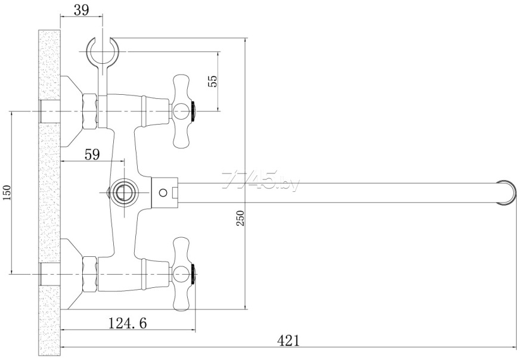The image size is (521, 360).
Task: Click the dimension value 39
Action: [x=82, y=10]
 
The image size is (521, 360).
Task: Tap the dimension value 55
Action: [x=213, y=81]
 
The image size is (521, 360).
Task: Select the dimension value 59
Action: [x=92, y=154]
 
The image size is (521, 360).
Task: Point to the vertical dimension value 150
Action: [x=7, y=193]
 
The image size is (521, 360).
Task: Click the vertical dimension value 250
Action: [x=241, y=218]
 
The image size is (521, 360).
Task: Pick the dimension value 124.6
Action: [x=128, y=323]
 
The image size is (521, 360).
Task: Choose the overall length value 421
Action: [x=288, y=341]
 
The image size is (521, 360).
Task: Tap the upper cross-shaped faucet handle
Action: [x=181, y=111]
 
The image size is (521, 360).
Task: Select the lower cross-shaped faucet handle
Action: [x=181, y=274]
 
